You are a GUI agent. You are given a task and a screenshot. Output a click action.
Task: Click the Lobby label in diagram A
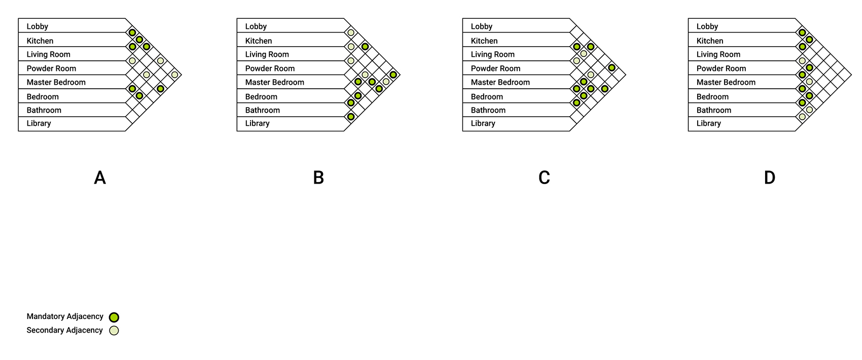(x=38, y=26)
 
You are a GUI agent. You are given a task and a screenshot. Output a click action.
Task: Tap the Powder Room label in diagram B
(x=270, y=68)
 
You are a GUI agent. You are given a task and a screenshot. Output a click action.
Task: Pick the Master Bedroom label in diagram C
(x=500, y=82)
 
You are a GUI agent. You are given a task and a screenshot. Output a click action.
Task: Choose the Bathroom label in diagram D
(x=714, y=111)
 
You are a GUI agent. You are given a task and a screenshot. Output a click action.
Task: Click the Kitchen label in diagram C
(x=484, y=41)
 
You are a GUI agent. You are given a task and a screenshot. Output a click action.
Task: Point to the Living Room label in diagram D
(x=719, y=54)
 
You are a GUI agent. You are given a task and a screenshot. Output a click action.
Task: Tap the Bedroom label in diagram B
(x=261, y=96)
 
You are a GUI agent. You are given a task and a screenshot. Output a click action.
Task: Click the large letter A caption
(x=100, y=177)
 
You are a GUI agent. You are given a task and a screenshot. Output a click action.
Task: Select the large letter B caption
(x=318, y=177)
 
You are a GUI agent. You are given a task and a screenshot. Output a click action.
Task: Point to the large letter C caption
(x=544, y=177)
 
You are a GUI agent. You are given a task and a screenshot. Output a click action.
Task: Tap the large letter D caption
(x=770, y=177)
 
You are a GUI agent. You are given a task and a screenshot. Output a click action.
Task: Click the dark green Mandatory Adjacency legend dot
(x=114, y=317)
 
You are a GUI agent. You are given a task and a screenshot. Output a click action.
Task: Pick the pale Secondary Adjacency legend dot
(x=114, y=331)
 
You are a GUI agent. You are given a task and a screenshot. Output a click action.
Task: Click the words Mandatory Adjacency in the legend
(x=65, y=316)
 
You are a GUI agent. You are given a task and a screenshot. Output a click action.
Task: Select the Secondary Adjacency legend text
(x=65, y=331)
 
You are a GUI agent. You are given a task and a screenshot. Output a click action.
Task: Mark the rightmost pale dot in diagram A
(x=175, y=75)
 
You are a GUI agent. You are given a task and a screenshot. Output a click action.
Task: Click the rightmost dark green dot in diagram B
(x=393, y=75)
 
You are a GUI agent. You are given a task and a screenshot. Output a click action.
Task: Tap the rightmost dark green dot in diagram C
(x=612, y=68)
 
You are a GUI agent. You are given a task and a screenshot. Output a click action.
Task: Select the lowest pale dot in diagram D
(x=802, y=117)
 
